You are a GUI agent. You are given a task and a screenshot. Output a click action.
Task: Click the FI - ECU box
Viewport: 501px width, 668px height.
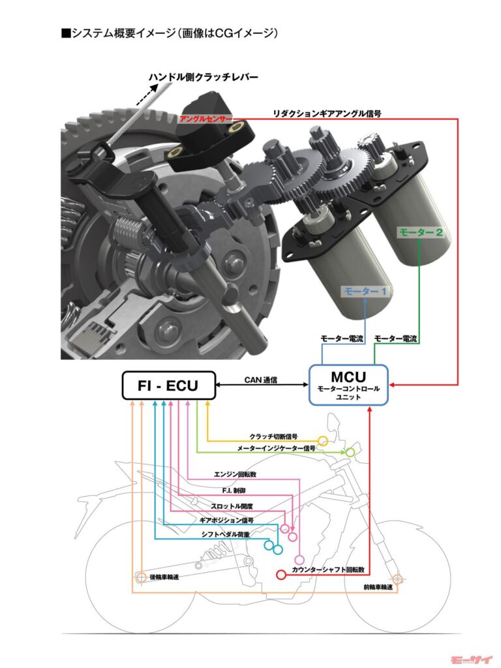point(169,386)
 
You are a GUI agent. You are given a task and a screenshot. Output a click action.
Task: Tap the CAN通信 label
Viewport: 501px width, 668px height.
point(262,378)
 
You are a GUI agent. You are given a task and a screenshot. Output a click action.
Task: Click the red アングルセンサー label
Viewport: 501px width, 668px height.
point(205,119)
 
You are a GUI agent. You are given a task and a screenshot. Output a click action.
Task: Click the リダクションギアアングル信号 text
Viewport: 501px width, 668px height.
point(327,113)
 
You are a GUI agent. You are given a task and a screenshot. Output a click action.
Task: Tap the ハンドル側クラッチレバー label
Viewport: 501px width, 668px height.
point(203,78)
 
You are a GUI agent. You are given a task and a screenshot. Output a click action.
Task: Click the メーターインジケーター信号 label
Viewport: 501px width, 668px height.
point(276,449)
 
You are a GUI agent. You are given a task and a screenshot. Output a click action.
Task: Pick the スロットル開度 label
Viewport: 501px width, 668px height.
point(231,506)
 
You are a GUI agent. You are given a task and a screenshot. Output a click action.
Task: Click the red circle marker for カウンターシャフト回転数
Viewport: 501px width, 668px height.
point(282,575)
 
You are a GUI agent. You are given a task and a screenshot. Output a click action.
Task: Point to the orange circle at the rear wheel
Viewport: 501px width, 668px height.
point(140,577)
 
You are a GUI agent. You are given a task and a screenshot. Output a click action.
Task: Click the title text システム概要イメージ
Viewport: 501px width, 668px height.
point(168,33)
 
